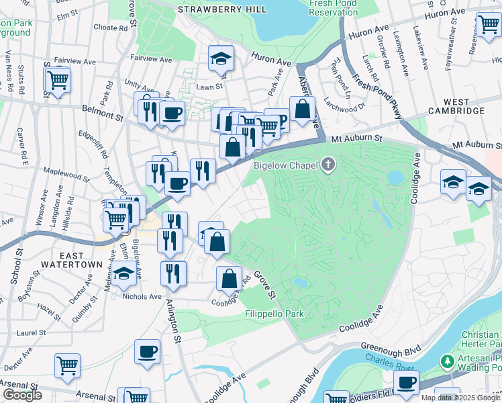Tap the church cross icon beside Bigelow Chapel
click(328, 165)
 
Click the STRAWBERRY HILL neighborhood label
click(222, 9)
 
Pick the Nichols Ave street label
click(142, 296)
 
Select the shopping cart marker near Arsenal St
click(67, 366)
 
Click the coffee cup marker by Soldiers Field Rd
click(405, 382)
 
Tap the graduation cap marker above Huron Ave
click(219, 58)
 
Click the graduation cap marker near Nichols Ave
click(123, 273)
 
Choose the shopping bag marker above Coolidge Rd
click(229, 277)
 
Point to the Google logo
click(22, 395)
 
